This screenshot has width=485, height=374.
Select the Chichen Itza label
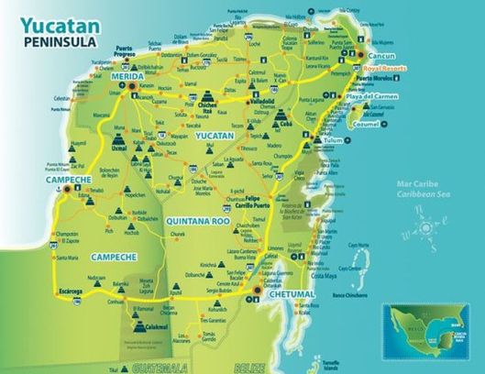[x=206, y=107]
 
